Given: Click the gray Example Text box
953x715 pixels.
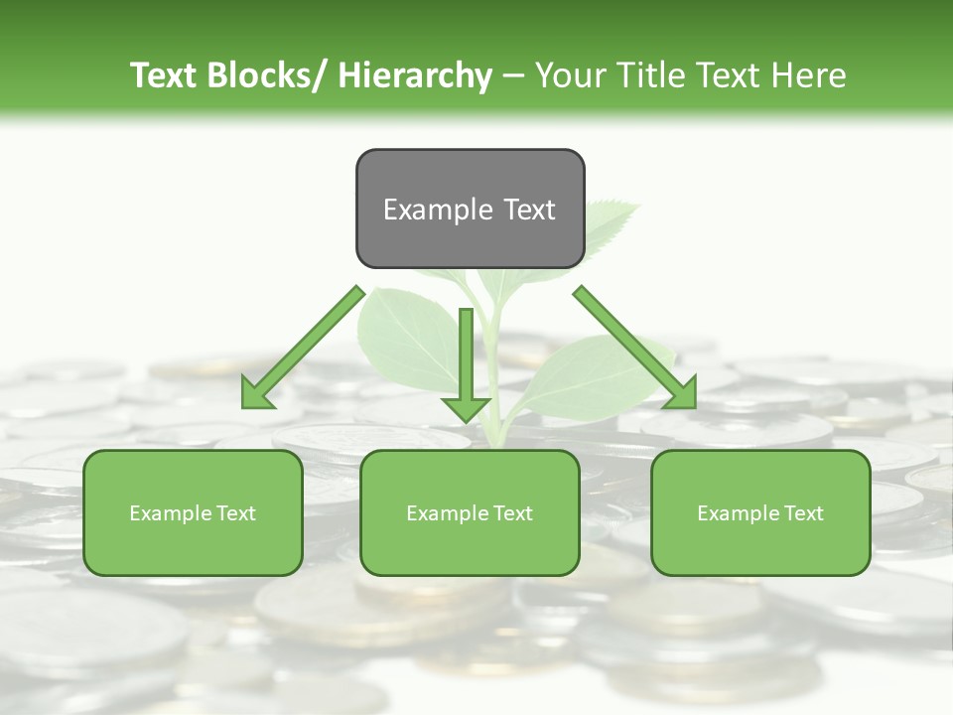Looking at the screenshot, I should tap(470, 209).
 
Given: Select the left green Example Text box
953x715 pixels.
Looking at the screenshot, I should tap(193, 512).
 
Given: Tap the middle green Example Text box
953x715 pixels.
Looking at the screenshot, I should tap(470, 512).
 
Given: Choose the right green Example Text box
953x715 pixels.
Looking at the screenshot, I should tap(760, 512).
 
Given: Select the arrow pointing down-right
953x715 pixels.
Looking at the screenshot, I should tap(632, 345).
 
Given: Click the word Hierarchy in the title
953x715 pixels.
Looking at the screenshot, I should tap(415, 75).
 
